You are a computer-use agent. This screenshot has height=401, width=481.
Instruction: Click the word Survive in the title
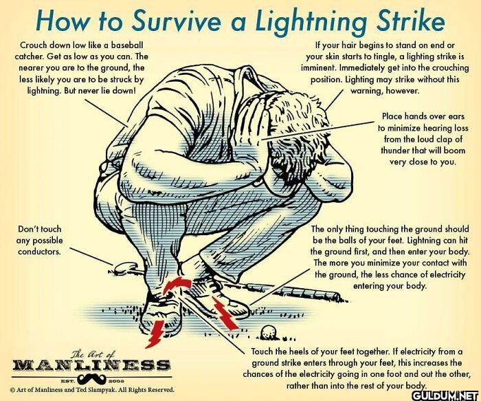(x=177, y=21)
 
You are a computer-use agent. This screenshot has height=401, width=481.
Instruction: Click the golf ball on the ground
(x=269, y=332)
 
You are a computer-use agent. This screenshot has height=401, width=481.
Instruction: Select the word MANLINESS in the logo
(x=91, y=365)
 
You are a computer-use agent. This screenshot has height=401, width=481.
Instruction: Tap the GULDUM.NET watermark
(x=445, y=395)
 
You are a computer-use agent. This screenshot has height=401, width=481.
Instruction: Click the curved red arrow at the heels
(x=177, y=283)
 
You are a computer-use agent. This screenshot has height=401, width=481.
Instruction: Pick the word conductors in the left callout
(x=39, y=252)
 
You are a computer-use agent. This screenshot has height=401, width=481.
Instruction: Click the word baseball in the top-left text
(x=127, y=45)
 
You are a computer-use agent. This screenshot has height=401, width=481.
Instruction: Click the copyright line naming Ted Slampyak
(x=92, y=390)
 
